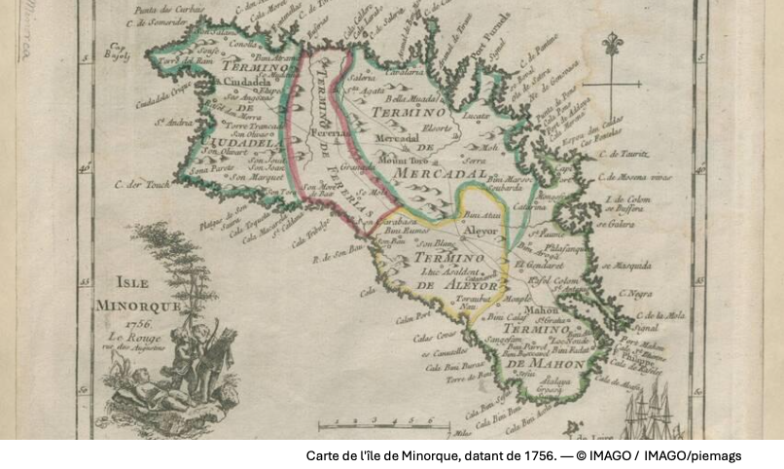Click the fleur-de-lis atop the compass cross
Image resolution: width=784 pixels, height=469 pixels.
611,46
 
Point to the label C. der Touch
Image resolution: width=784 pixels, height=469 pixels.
141,184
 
